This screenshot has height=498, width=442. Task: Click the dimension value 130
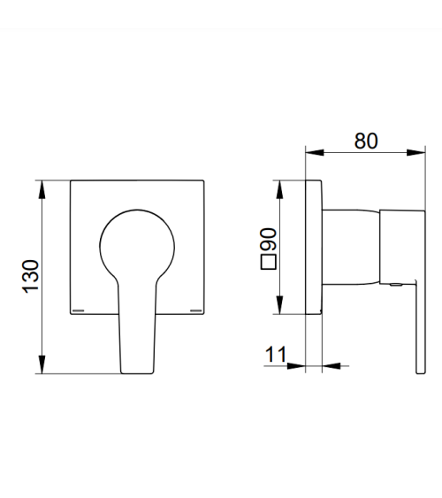31,276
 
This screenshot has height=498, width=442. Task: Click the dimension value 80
366,141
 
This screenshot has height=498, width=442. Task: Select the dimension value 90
269,239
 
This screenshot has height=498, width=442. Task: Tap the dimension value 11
276,354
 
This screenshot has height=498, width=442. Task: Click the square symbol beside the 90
269,262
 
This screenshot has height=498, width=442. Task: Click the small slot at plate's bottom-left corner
79,310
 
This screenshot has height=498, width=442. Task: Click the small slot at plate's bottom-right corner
195,310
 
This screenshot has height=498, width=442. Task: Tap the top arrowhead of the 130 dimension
42,189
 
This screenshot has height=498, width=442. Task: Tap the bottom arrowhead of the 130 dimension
42,364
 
